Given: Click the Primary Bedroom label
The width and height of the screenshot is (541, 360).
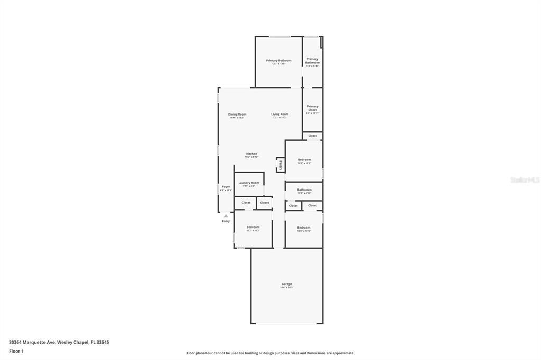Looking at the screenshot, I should coord(278,60).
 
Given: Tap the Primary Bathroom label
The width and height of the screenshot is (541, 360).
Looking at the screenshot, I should coord(312,61).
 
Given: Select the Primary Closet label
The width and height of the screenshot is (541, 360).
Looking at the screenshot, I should coord(312,108).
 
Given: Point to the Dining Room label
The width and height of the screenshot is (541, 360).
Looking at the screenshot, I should coord(237,114).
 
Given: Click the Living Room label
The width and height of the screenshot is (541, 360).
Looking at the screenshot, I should coord(280,114).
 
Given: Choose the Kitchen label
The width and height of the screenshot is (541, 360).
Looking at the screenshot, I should coord(251,154).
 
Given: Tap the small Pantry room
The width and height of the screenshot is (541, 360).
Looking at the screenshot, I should coord(281,165).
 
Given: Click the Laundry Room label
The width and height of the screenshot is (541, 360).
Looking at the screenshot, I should coord(249,183).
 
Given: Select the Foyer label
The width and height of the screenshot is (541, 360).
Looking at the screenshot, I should coord(226,186).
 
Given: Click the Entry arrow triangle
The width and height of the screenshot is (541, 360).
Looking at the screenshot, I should coord(226,216).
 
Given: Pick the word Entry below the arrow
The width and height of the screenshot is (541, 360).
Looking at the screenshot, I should coord(226,221).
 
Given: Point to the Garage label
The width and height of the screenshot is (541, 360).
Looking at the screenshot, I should coord(287,284).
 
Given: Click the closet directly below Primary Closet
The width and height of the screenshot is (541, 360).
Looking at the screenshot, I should coord(313,136).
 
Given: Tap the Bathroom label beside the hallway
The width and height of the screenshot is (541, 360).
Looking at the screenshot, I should coord(304,190).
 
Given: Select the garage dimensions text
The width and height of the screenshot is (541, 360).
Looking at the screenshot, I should coord(287,288).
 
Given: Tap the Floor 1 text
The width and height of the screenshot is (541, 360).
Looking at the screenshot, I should coord(16,351).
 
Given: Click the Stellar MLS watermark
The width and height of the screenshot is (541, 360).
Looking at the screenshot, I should coord(525,180).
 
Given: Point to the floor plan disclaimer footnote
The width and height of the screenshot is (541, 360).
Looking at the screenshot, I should coord(270,353).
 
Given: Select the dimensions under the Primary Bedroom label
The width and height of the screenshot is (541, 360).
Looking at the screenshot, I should coord(278,64).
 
